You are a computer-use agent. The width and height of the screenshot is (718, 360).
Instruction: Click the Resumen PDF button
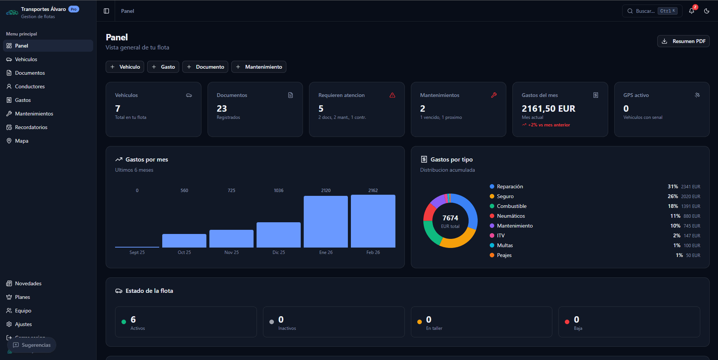click(x=683, y=41)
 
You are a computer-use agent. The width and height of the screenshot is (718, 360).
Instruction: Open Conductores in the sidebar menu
click(x=30, y=86)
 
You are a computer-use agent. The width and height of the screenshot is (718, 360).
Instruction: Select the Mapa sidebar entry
click(x=22, y=141)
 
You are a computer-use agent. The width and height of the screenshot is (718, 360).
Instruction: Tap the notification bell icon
click(x=692, y=11)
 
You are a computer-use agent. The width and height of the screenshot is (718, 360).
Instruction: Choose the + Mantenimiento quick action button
click(x=259, y=67)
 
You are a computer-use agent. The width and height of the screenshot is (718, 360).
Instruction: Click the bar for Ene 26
click(x=326, y=222)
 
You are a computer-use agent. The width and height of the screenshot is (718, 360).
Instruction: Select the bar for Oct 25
click(x=184, y=241)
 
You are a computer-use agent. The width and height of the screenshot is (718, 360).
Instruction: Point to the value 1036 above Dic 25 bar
click(x=278, y=191)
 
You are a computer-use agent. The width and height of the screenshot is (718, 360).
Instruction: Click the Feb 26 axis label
click(x=373, y=252)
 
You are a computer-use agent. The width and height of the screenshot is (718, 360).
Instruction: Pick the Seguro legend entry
click(x=505, y=196)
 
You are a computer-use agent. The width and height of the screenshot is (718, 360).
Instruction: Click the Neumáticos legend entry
click(x=510, y=216)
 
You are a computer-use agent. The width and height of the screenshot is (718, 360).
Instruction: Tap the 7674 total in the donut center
click(x=450, y=218)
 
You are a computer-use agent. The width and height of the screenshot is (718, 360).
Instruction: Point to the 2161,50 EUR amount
click(x=548, y=109)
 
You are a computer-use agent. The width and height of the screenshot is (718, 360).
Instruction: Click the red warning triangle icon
click(x=392, y=95)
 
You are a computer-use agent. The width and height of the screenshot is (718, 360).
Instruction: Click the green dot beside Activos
click(x=124, y=322)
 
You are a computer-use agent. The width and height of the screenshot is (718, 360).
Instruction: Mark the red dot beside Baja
click(x=567, y=322)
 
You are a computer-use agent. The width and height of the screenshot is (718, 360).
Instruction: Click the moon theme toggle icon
click(x=707, y=11)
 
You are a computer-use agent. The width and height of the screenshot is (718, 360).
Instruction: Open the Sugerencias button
click(x=32, y=345)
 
